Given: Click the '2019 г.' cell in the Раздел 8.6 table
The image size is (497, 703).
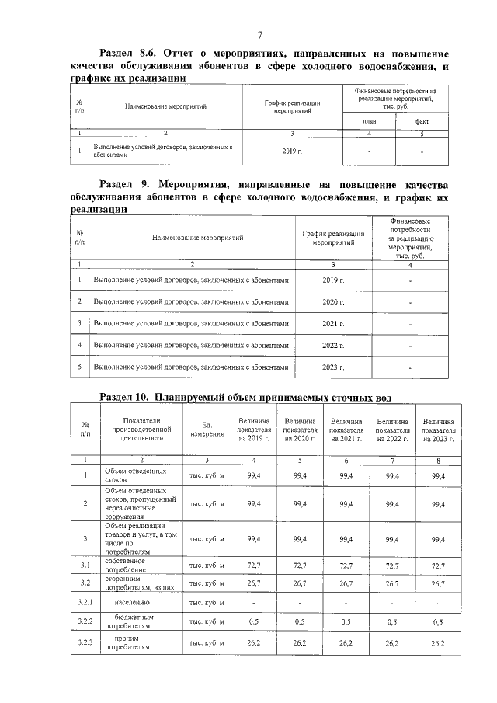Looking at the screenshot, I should point(291,151).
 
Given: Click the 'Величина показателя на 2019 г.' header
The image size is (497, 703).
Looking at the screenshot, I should point(253,429).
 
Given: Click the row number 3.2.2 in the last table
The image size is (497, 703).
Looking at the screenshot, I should point(85,622).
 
